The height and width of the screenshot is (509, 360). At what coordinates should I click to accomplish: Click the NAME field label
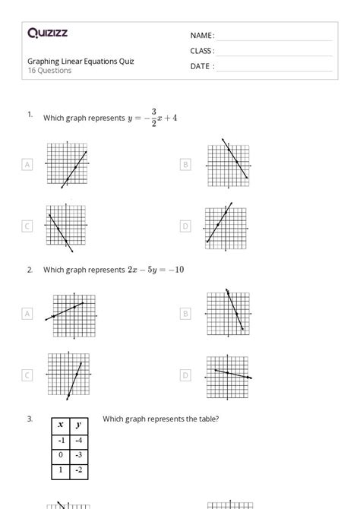tap(201, 36)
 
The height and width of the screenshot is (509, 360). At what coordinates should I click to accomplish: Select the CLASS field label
tap(202, 51)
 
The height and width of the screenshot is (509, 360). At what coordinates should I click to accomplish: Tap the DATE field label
tap(201, 66)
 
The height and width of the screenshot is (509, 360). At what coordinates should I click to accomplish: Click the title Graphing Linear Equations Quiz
tap(81, 62)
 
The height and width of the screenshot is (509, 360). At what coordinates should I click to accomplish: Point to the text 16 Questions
tap(49, 71)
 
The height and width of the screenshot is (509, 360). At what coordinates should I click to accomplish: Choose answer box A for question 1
tap(27, 163)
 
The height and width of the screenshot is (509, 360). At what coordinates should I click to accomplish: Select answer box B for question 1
tap(185, 163)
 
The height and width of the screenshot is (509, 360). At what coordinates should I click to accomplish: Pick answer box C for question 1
tap(27, 226)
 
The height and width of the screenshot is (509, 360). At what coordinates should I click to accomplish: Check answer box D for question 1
tap(185, 226)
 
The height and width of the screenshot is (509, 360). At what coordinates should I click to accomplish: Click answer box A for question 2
tap(27, 312)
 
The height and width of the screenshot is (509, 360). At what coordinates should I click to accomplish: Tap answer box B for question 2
tap(185, 312)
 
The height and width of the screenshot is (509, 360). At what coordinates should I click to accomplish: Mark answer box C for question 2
tap(27, 375)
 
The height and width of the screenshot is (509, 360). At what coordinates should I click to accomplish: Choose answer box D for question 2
tap(185, 375)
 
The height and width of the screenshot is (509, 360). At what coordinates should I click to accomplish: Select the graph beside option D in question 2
tap(228, 375)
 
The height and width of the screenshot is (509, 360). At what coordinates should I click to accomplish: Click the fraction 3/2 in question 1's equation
tap(153, 118)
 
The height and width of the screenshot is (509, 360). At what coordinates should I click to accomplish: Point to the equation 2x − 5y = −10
tap(156, 270)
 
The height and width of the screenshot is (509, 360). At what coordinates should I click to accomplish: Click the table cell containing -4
tap(80, 441)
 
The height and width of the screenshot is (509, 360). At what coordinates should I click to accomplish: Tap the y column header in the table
tap(80, 425)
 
